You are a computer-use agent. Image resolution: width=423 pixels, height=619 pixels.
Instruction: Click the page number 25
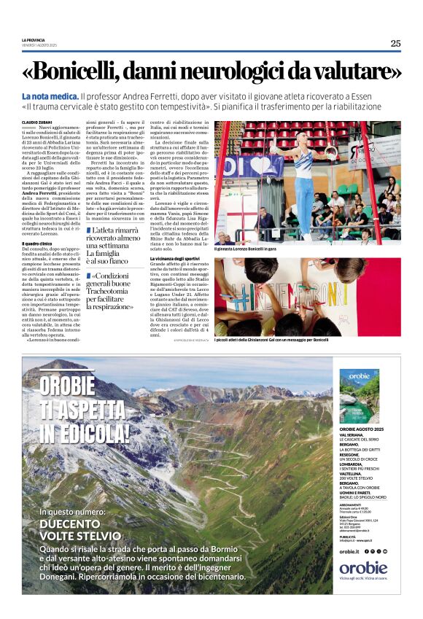coord(395,43)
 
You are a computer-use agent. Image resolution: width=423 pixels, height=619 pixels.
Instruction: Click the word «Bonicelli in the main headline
coord(88,71)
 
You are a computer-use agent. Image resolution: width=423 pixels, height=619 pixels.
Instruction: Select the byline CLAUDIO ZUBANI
coord(36,122)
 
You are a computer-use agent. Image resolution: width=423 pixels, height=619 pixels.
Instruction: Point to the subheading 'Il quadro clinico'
coord(37,243)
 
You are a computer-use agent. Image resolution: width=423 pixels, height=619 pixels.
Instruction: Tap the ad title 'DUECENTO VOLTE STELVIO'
coord(80,529)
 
